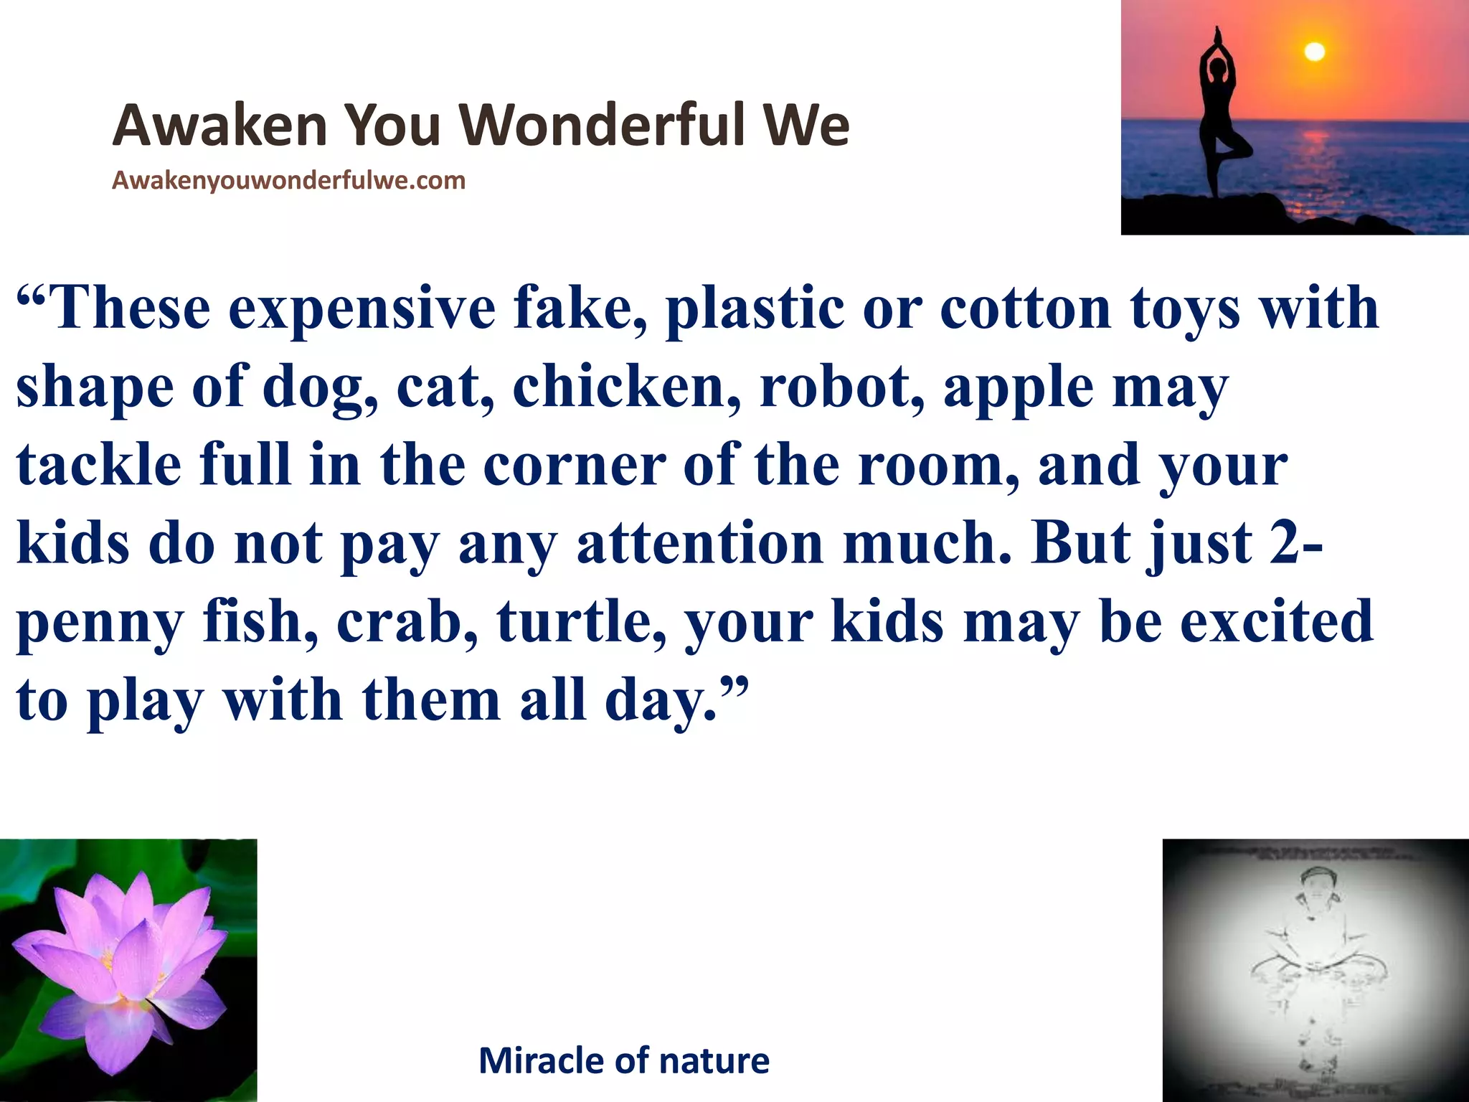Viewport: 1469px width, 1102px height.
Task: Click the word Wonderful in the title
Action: pos(607,126)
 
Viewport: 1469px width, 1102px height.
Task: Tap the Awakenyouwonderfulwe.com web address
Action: pos(288,180)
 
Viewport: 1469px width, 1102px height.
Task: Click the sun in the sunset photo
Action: pos(1313,52)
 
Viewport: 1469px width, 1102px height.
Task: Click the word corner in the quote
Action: pos(574,466)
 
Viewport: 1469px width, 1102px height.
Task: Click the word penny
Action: pos(100,625)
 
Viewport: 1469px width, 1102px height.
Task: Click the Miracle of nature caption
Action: pos(623,1060)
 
